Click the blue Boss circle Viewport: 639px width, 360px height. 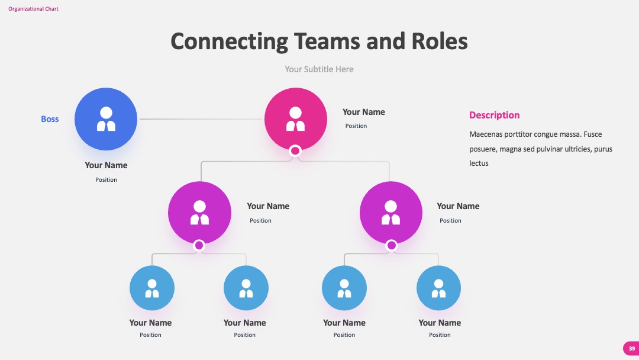pos(106,119)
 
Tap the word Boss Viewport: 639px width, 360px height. pos(50,119)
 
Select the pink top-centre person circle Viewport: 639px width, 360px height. pos(296,119)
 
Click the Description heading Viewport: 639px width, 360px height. pos(494,115)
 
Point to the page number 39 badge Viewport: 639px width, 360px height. pos(631,349)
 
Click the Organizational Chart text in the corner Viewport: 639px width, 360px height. pos(33,8)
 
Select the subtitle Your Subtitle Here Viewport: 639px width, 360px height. pos(319,69)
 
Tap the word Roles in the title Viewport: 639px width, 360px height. pos(439,41)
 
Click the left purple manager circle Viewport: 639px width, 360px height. pos(200,213)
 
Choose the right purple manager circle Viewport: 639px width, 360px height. pos(391,213)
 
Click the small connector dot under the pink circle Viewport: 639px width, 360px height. pos(295,151)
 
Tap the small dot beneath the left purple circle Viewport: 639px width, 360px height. pos(199,246)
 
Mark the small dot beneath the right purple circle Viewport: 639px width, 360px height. pos(391,246)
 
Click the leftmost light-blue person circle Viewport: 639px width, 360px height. pos(152,288)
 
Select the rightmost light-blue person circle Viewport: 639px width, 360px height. pos(438,288)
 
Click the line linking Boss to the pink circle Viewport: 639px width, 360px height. pos(202,119)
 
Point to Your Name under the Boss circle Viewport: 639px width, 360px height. pos(106,165)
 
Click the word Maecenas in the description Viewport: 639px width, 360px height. pos(485,134)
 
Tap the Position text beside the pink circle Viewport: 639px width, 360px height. pos(356,126)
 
